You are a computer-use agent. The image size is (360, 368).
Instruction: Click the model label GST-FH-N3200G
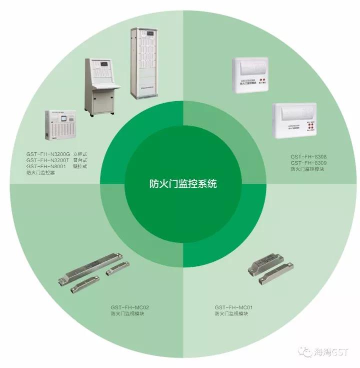[x=48, y=154]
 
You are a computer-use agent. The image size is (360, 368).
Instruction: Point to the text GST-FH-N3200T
[x=48, y=160]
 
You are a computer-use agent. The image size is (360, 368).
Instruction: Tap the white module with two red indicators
[x=253, y=74]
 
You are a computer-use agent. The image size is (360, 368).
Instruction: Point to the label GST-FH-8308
[x=308, y=157]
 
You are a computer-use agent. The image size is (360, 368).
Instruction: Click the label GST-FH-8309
[x=308, y=163]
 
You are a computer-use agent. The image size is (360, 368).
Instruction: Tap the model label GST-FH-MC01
[x=234, y=307]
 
